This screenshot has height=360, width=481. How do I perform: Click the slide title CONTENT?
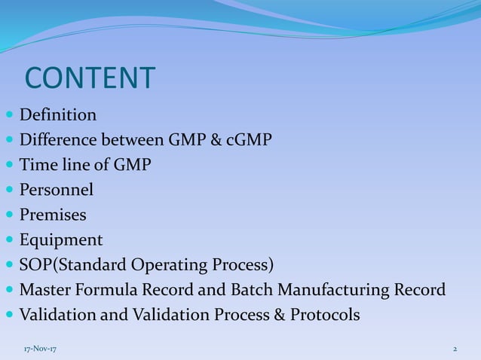click(90, 78)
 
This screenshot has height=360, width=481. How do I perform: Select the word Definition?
click(58, 116)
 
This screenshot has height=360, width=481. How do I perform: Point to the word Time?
click(36, 166)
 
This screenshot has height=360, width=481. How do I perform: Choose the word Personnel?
click(57, 191)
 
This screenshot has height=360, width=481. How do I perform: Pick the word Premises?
click(53, 215)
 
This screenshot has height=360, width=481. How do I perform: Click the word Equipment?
click(61, 240)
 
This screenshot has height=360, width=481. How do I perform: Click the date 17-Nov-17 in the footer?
click(38, 349)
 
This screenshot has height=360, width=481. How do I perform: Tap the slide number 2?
click(455, 349)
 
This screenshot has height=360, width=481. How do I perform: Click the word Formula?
click(108, 290)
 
